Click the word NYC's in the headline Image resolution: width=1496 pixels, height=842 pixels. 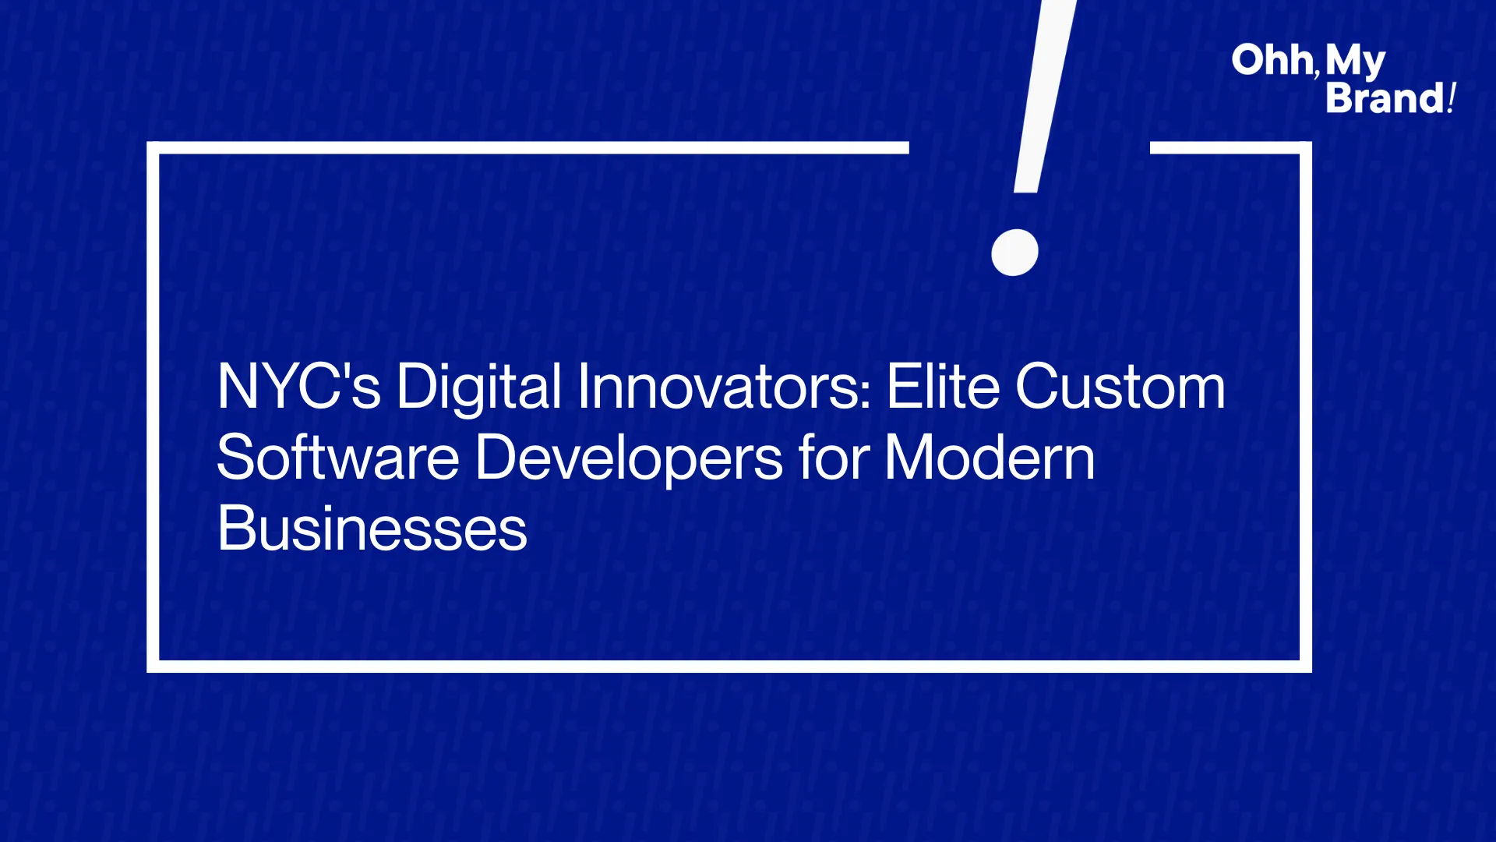coord(299,386)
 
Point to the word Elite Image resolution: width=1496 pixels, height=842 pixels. coord(943,386)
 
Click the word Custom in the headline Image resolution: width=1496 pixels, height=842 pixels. coord(1120,387)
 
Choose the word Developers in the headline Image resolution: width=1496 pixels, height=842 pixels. coord(629,458)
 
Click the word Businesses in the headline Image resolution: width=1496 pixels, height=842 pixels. coord(372,528)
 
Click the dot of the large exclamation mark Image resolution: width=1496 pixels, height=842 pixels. coord(1014,252)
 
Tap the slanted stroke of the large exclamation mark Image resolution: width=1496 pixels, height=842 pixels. coord(1043,94)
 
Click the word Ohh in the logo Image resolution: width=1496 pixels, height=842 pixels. coord(1272,60)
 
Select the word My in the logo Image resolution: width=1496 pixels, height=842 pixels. coord(1355,62)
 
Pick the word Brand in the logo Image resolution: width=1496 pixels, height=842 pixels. coord(1385,98)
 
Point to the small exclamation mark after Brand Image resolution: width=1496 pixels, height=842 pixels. coord(1452,98)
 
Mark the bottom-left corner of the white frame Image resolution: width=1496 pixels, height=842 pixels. coord(153,667)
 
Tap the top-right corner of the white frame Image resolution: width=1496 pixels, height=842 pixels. coord(1306,148)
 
